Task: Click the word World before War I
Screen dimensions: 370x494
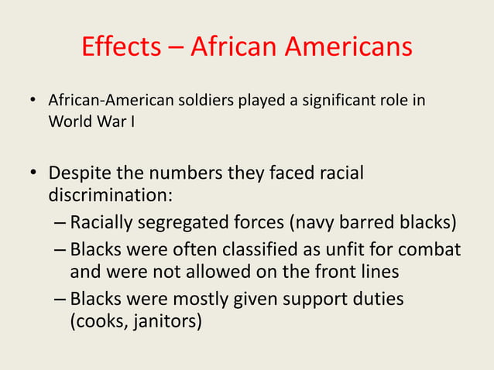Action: click(70, 122)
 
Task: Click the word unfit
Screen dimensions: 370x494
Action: click(347, 251)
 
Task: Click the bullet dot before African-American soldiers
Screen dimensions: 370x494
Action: click(33, 102)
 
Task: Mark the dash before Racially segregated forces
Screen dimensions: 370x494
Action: click(60, 224)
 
